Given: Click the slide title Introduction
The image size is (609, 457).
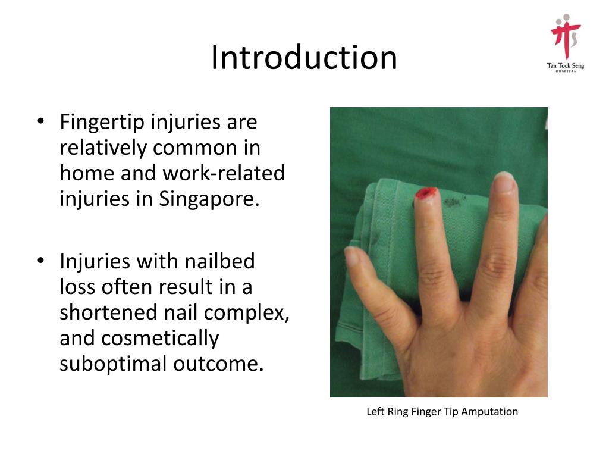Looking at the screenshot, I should [304, 58].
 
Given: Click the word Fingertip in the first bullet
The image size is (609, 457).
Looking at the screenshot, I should [102, 122].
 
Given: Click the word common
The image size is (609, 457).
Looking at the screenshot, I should [194, 148].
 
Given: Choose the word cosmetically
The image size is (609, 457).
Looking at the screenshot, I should [160, 338].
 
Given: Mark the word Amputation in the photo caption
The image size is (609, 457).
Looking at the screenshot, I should [489, 411].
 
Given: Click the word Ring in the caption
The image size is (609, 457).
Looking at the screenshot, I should [395, 411].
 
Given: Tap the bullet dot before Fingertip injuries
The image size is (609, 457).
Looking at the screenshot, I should [40, 122].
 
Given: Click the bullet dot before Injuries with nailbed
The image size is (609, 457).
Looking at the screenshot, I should [40, 261].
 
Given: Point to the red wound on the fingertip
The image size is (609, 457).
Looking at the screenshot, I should [426, 193].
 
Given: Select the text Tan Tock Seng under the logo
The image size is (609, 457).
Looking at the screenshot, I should [566, 65].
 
